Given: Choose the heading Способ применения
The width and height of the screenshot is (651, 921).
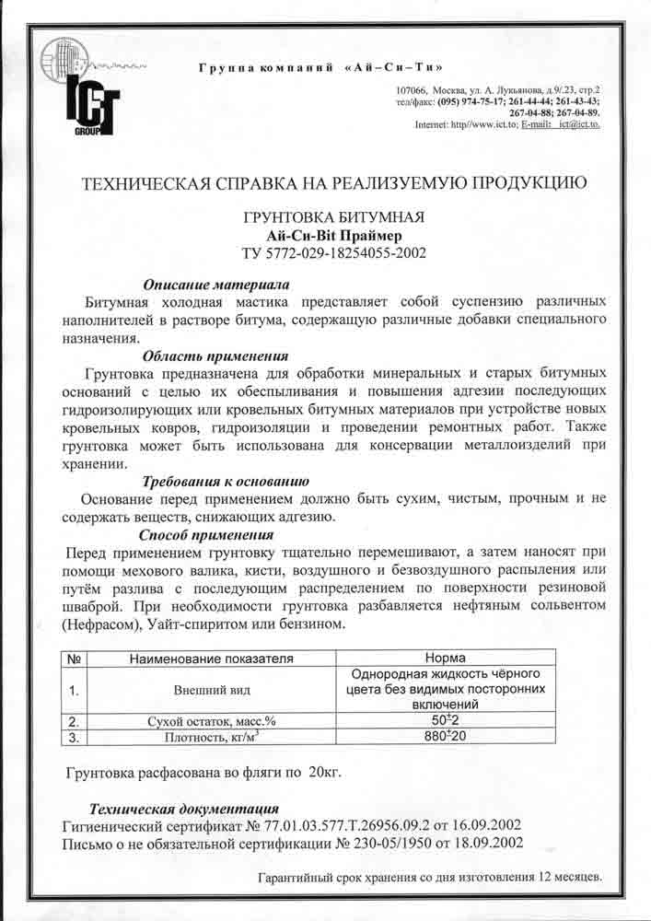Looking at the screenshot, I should [205, 534].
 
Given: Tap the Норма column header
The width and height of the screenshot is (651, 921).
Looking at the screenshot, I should [444, 659].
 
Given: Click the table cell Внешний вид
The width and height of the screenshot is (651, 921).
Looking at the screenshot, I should [211, 689].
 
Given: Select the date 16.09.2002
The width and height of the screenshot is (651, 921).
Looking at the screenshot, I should [491, 824].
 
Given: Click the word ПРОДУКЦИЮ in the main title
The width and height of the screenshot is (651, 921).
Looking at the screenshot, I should [502, 182].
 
